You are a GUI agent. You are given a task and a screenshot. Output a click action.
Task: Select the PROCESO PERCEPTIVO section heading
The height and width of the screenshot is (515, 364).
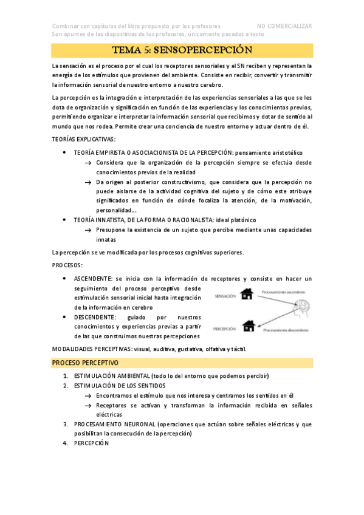click(x=85, y=363)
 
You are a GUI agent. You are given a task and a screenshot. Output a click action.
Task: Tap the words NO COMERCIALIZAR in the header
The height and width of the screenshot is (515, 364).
click(x=284, y=26)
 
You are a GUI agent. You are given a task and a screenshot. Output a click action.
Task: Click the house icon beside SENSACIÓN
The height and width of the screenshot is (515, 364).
click(x=247, y=295)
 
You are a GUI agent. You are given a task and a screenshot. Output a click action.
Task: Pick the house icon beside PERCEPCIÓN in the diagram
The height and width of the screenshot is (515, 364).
click(x=248, y=327)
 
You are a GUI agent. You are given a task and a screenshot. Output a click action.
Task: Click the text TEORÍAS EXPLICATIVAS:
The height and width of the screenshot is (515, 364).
click(x=83, y=140)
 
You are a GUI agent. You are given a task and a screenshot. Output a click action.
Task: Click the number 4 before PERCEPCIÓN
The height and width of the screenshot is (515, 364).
click(x=65, y=443)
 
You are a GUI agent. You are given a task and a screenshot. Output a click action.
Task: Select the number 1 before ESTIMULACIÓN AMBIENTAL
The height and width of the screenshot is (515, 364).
click(x=65, y=375)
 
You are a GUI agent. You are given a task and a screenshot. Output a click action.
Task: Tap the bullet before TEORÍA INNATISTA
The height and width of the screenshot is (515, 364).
click(x=65, y=219)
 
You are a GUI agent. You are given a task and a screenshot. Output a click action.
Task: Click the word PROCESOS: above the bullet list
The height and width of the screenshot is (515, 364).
click(x=67, y=265)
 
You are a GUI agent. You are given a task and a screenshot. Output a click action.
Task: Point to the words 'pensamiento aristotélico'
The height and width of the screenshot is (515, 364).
click(x=268, y=152)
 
